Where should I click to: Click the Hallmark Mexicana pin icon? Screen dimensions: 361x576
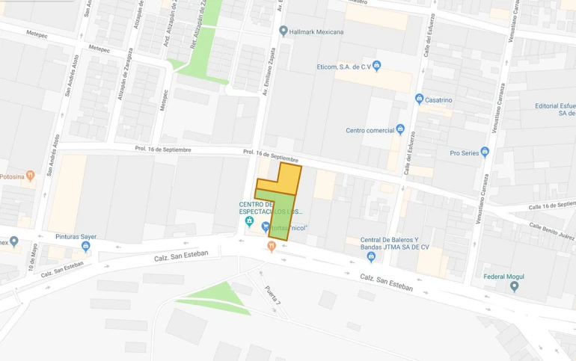[283, 31]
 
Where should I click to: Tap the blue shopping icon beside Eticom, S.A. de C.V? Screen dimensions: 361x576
[377, 66]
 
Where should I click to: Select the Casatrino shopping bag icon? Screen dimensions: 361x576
[420, 99]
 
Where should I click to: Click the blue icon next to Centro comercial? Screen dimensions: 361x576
[400, 129]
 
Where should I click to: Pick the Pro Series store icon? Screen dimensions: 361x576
[485, 152]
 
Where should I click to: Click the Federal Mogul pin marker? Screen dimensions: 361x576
[514, 286]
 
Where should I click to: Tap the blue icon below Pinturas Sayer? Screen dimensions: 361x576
[86, 246]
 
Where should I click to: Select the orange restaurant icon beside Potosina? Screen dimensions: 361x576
[30, 176]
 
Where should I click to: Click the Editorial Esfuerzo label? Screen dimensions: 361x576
[555, 109]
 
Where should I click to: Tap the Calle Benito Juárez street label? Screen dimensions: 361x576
[552, 232]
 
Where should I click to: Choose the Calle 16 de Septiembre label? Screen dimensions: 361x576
[551, 205]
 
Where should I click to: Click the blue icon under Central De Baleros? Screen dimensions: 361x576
[371, 257]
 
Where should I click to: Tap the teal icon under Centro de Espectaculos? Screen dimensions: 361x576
[248, 222]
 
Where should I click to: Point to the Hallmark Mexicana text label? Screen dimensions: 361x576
[317, 31]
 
